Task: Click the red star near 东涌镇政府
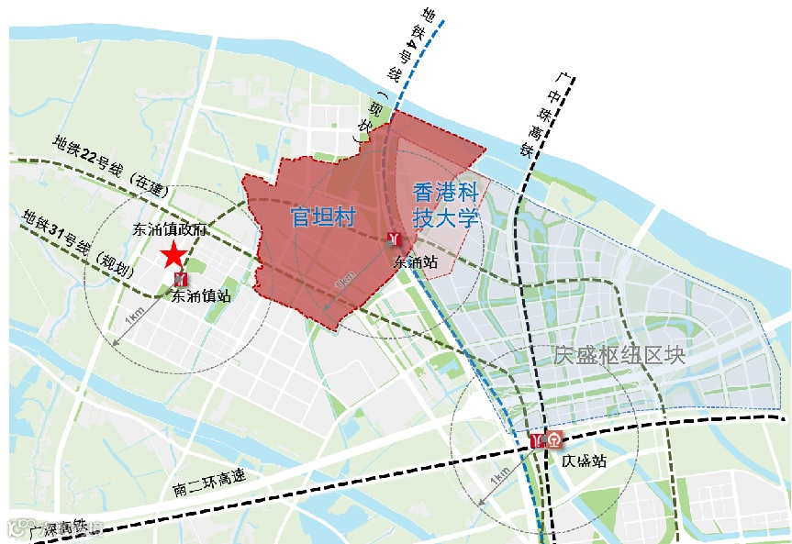173,255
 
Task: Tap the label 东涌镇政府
168,229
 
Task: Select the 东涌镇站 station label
200,295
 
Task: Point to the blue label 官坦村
322,216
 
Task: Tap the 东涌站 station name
415,261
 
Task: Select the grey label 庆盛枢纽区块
619,355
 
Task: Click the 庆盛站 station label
585,461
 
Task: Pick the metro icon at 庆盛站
538,440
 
